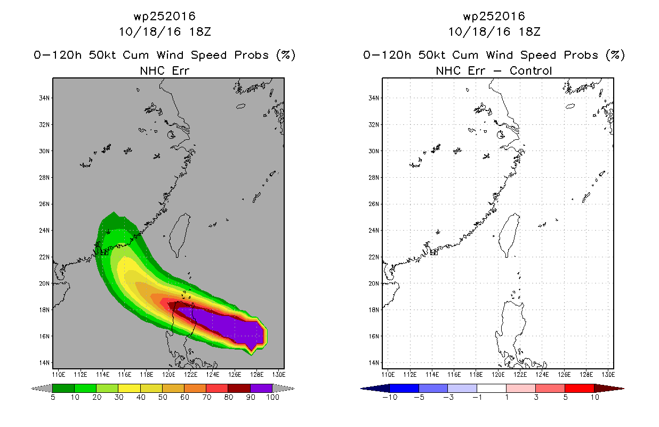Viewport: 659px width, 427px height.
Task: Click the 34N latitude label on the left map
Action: pyautogui.click(x=44, y=98)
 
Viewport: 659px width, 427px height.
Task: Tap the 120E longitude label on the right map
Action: pyautogui.click(x=498, y=375)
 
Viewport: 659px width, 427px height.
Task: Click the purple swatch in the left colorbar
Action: pyautogui.click(x=261, y=388)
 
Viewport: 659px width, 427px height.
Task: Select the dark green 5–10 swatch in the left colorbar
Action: pyautogui.click(x=63, y=388)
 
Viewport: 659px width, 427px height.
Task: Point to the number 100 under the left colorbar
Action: pyautogui.click(x=272, y=397)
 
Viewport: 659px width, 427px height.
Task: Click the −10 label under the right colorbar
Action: pyautogui.click(x=390, y=397)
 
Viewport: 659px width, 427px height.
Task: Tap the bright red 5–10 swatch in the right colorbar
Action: pyautogui.click(x=580, y=388)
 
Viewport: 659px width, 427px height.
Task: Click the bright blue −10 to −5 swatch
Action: pyautogui.click(x=404, y=388)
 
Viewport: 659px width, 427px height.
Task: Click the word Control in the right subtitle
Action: pyautogui.click(x=531, y=70)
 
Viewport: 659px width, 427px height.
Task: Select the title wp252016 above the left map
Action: pyautogui.click(x=165, y=16)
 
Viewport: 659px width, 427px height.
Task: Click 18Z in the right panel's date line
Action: pyautogui.click(x=529, y=31)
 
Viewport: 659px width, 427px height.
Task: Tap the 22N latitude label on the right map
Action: pyautogui.click(x=374, y=257)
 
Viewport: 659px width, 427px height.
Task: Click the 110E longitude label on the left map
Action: pyautogui.click(x=58, y=375)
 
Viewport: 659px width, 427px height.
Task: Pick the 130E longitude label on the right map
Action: pyautogui.click(x=608, y=375)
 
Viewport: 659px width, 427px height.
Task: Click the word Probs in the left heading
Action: pyautogui.click(x=252, y=55)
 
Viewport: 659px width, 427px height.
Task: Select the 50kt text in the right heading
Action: pyautogui.click(x=432, y=55)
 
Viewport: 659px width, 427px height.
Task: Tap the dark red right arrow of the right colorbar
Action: pyautogui.click(x=608, y=389)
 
